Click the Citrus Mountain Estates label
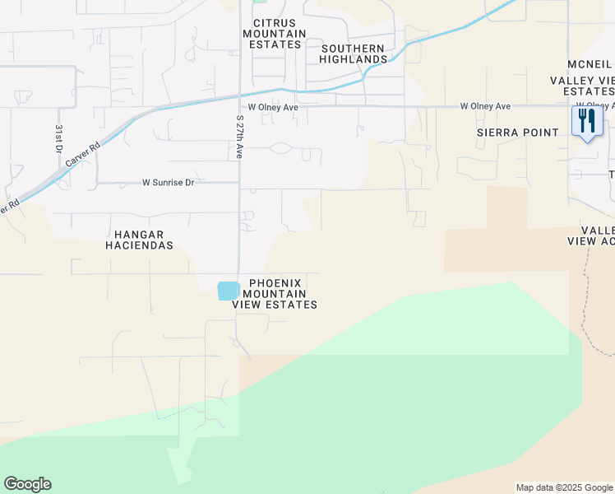click(x=274, y=34)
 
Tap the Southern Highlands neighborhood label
click(x=354, y=54)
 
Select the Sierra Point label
click(x=511, y=133)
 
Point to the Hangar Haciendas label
click(x=139, y=240)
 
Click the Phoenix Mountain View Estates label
click(x=275, y=294)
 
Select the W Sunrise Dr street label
click(x=168, y=182)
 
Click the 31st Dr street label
click(x=59, y=137)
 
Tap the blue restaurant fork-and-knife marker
click(x=587, y=122)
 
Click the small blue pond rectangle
click(x=228, y=291)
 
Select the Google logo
click(x=27, y=484)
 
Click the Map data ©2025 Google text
click(x=563, y=487)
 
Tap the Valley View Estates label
click(x=583, y=85)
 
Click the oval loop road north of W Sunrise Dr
click(x=280, y=148)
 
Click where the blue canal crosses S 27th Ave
click(x=240, y=93)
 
